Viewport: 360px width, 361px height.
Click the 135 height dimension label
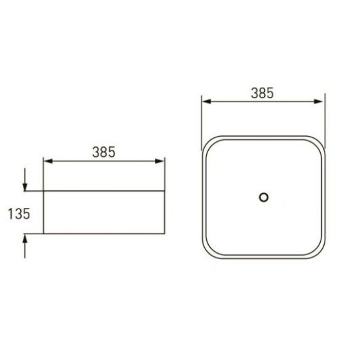[x=19, y=214]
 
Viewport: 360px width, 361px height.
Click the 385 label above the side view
[x=103, y=152]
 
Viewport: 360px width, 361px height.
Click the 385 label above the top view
[x=262, y=93]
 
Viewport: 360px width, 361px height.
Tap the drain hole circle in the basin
[x=263, y=198]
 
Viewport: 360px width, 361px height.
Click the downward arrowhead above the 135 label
[x=25, y=187]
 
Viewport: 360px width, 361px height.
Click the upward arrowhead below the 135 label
[x=25, y=237]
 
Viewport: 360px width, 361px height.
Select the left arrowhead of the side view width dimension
[x=48, y=161]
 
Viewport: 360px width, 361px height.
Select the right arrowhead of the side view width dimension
[x=160, y=161]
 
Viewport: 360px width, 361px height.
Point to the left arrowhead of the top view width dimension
[x=206, y=101]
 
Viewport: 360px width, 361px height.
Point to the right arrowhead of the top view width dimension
[x=320, y=101]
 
